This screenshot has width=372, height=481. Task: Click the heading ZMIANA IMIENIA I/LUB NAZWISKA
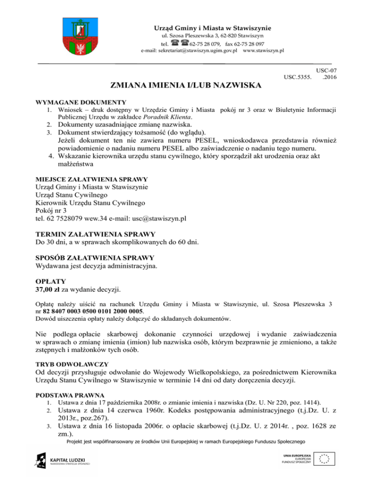[x=186, y=86]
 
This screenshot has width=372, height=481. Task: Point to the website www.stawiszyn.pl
[x=263, y=51]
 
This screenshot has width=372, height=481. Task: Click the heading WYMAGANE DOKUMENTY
[x=81, y=102]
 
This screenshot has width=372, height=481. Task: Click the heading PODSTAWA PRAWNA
[x=69, y=394]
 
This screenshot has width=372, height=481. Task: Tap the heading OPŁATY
[x=50, y=281]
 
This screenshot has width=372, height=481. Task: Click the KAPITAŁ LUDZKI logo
[x=57, y=458]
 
